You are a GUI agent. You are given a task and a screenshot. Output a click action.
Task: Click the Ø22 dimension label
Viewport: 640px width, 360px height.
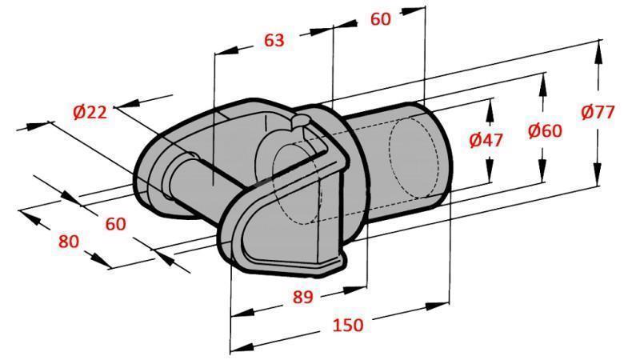coord(90,113)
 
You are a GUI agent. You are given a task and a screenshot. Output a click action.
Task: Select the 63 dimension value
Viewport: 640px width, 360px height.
coord(274,40)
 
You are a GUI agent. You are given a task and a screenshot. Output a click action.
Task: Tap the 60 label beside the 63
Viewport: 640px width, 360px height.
coord(381,19)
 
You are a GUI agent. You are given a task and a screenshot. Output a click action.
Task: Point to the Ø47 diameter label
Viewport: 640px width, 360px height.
coord(486,140)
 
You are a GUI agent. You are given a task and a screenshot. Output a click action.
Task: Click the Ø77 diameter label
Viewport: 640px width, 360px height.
coord(598,112)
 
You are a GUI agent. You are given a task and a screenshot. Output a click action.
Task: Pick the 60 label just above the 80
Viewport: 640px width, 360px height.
coord(116,224)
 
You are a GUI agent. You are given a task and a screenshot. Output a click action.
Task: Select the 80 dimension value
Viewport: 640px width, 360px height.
coord(70,241)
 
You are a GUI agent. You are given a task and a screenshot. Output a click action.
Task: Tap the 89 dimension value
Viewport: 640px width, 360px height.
coord(302,297)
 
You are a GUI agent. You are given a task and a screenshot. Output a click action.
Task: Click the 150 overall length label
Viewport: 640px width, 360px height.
coord(348,325)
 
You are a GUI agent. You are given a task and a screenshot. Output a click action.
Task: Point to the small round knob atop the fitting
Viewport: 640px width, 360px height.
coord(298,121)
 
